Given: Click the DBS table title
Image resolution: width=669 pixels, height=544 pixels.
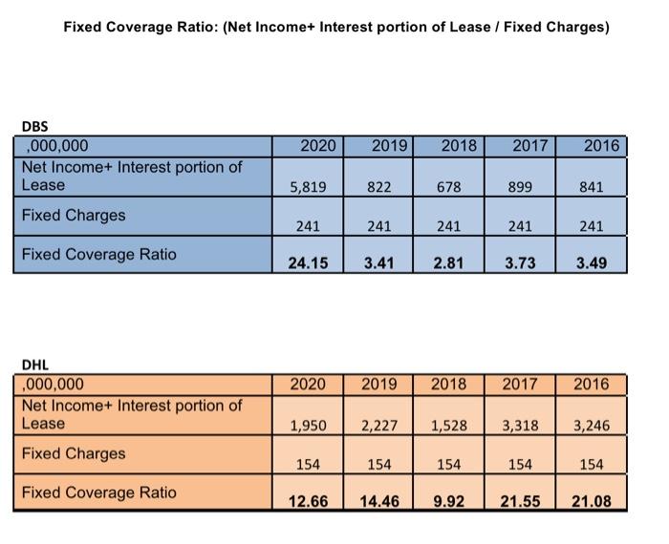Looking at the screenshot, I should click(x=34, y=126).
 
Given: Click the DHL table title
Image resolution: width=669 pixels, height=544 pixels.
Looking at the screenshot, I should click(x=34, y=365).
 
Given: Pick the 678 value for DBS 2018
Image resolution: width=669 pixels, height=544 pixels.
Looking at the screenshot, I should click(x=448, y=188).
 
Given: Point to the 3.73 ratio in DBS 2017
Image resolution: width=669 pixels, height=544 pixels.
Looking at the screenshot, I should click(x=520, y=262).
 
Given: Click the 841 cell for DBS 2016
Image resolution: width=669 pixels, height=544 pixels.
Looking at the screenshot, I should click(x=591, y=188).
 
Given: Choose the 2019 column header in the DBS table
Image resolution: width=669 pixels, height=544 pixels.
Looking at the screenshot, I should click(x=389, y=146).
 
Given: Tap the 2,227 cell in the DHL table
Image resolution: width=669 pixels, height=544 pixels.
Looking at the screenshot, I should click(x=379, y=426).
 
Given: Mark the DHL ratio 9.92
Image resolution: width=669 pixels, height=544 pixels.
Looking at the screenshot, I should click(x=448, y=500).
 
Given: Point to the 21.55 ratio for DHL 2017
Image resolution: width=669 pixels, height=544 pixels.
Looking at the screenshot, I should click(x=520, y=500).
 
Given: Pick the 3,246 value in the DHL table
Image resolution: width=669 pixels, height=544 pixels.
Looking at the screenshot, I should click(x=591, y=426).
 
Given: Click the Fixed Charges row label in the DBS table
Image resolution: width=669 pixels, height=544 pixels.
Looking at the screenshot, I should click(x=74, y=216).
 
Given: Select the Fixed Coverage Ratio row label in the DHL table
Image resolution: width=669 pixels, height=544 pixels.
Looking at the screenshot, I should click(x=99, y=492).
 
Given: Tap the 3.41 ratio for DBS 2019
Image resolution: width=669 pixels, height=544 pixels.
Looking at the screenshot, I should click(x=379, y=262).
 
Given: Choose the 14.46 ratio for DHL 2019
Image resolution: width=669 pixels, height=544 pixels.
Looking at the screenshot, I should click(x=379, y=500).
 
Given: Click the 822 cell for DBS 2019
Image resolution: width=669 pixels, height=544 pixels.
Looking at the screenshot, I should click(x=379, y=188).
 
